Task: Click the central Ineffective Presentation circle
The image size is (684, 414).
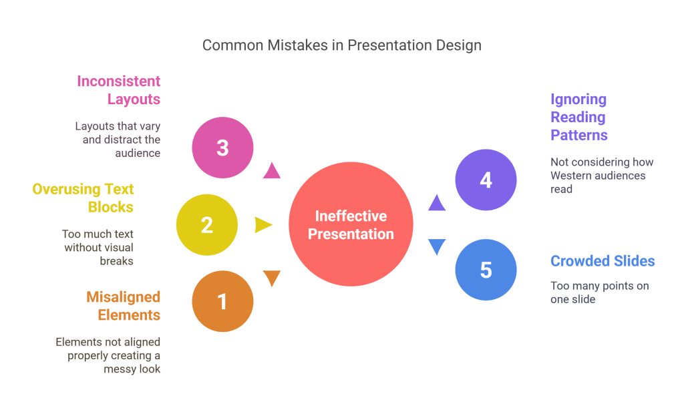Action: (x=351, y=225)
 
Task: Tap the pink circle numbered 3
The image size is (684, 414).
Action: (x=222, y=148)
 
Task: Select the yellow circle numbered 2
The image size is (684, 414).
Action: (x=206, y=225)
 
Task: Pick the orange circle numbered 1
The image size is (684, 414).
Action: (x=222, y=302)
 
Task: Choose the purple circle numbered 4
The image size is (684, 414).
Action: (x=486, y=180)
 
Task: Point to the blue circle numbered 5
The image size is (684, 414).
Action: (x=486, y=270)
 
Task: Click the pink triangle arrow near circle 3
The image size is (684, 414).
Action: (x=271, y=171)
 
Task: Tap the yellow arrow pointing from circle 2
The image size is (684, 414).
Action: (x=263, y=225)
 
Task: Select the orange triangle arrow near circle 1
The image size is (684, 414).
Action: (x=272, y=278)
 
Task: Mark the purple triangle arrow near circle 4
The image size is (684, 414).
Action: (x=436, y=202)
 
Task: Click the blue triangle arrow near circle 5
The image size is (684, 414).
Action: (x=436, y=247)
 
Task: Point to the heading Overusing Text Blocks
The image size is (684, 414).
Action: (x=83, y=198)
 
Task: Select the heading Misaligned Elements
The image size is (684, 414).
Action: (x=124, y=305)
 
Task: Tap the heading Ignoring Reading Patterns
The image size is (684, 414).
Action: (x=578, y=118)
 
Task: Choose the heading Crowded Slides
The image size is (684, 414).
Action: (x=603, y=261)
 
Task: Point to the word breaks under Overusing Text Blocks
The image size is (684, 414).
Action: (x=117, y=261)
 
